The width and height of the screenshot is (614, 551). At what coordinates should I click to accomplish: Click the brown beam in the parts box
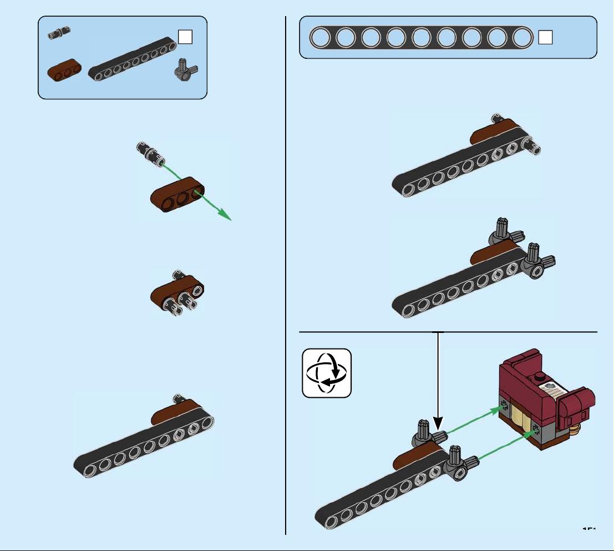click(64, 73)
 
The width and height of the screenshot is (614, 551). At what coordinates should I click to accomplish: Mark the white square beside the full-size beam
click(545, 37)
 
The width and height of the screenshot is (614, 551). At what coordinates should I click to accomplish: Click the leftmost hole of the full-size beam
click(319, 38)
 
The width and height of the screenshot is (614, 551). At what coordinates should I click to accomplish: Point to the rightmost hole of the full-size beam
click(521, 38)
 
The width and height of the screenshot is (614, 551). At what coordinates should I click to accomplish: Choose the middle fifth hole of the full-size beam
click(420, 38)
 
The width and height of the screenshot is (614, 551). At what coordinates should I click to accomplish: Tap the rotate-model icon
click(327, 373)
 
